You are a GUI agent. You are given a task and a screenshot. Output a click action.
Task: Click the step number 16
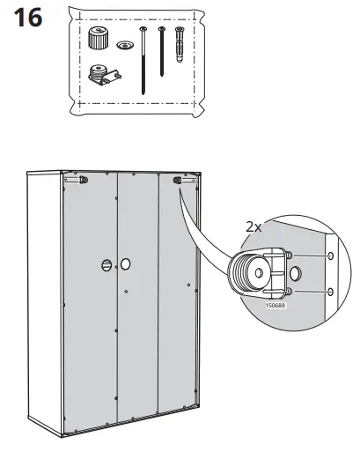[x=28, y=18]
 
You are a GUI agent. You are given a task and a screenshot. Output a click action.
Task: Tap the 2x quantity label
[x=253, y=226]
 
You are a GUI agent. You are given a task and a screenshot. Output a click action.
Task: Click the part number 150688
[x=276, y=306]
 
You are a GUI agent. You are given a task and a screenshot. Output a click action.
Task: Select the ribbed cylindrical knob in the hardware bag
[x=98, y=38]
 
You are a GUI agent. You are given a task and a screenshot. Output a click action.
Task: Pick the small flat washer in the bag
[x=125, y=45]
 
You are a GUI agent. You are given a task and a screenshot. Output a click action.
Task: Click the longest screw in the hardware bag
[x=143, y=61]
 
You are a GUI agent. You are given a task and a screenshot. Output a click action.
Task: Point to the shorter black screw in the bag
[x=162, y=51]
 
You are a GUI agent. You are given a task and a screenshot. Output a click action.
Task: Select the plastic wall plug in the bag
[x=180, y=45]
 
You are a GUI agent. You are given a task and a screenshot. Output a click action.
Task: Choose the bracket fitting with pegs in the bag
[x=105, y=75]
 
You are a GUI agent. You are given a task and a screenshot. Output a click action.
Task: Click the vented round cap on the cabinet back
[x=107, y=265]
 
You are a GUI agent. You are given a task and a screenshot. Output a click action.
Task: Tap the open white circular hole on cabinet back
[x=125, y=264]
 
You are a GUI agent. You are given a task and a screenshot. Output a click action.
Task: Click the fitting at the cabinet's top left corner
[x=84, y=180]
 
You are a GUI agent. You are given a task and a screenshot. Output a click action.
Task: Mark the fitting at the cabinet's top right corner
[x=178, y=180]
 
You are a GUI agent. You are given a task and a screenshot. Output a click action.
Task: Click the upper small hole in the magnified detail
[x=331, y=256]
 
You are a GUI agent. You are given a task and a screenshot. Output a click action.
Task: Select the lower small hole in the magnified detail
[x=331, y=292]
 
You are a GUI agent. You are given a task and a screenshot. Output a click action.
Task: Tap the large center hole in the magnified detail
[x=295, y=273]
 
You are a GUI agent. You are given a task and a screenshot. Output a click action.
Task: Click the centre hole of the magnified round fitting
[x=259, y=273]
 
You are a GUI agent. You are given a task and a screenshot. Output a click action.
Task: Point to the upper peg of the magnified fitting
[x=289, y=256]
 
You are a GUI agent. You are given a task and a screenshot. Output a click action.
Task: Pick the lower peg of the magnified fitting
[x=289, y=292]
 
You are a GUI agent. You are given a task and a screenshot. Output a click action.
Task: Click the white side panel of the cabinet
[x=45, y=302]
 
